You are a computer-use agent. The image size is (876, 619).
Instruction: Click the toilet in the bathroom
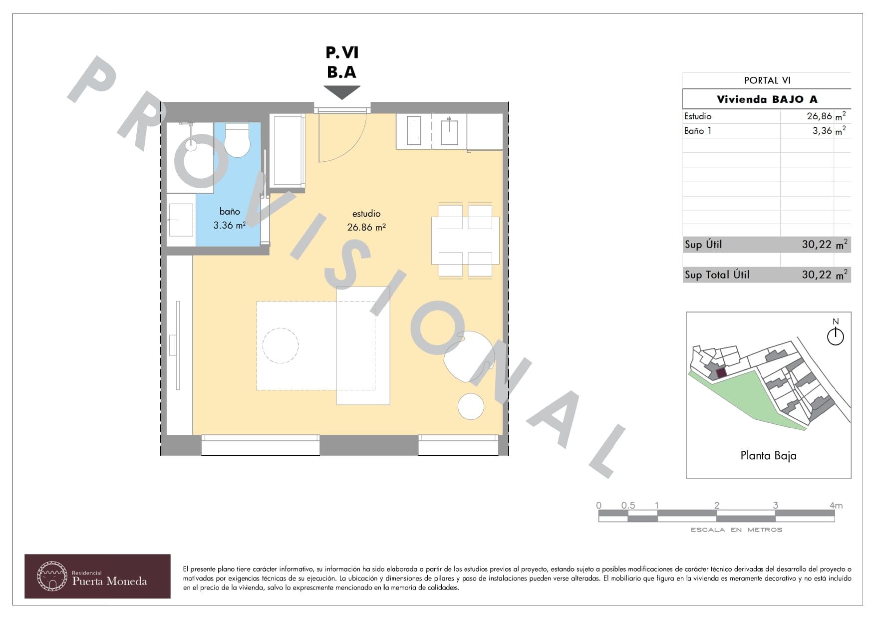237,140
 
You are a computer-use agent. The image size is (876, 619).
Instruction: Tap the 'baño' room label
230,212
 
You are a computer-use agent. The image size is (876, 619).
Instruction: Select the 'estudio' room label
366,214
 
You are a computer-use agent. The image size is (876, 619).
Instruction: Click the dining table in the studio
465,240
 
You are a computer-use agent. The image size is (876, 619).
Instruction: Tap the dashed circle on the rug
281,345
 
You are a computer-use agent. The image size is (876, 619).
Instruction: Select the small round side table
471,406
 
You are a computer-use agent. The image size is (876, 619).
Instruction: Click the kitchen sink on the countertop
449,131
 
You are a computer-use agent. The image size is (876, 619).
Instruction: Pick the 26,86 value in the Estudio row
820,116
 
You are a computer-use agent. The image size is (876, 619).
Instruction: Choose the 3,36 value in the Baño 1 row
822,131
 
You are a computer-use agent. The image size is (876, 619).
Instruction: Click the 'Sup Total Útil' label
717,275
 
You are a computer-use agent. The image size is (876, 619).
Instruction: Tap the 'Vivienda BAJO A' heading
767,99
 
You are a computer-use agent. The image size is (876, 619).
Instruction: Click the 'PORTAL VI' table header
767,80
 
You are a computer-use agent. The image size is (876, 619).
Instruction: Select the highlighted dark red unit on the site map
721,373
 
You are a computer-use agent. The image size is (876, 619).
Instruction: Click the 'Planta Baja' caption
768,456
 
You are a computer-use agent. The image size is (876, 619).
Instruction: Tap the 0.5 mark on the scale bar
628,505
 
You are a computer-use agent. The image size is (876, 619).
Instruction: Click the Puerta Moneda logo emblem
52,576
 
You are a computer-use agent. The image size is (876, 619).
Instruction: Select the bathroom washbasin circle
191,145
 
